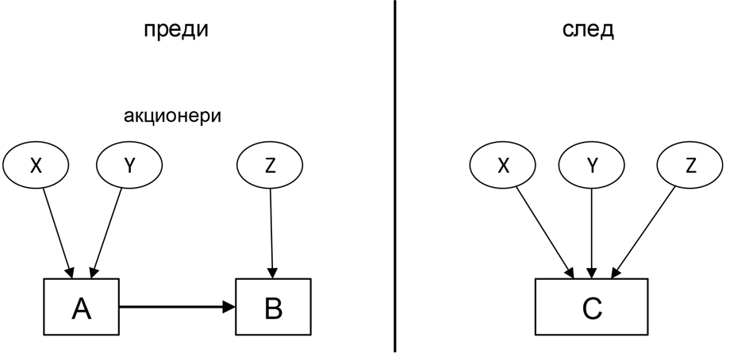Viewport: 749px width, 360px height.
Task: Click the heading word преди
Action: (x=176, y=30)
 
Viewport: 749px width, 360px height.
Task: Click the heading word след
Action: (x=588, y=30)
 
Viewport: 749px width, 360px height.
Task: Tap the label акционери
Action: (x=172, y=116)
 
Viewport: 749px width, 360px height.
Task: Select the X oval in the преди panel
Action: (x=36, y=165)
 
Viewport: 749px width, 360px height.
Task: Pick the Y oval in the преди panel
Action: (x=129, y=165)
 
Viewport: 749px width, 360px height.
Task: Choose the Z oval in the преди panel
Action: (x=270, y=165)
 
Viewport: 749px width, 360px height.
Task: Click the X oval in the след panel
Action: (x=502, y=165)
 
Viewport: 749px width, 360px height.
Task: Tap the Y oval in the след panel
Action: (x=591, y=165)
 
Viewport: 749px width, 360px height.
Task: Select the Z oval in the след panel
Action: (x=689, y=165)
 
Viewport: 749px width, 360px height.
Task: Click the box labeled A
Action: (x=81, y=307)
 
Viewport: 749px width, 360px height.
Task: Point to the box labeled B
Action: (x=273, y=307)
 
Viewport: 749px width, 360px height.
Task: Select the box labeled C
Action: (x=591, y=307)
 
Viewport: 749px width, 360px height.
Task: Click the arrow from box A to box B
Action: (x=177, y=307)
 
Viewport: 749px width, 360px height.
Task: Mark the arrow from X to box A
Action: (x=58, y=233)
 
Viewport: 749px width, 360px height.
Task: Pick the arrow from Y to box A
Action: (x=106, y=233)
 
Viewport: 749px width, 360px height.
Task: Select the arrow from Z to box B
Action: (x=271, y=234)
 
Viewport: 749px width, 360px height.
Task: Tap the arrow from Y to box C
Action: (x=591, y=234)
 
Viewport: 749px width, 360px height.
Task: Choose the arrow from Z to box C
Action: (x=643, y=232)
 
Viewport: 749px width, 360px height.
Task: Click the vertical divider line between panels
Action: (x=395, y=177)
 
